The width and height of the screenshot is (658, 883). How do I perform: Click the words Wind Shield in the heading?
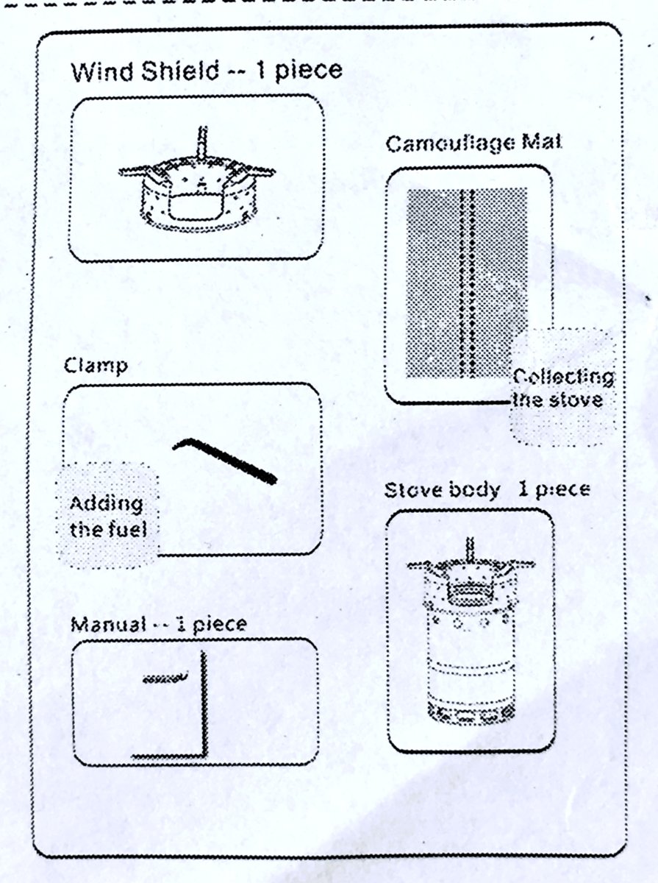145,71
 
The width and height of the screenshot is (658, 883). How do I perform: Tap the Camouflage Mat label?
473,144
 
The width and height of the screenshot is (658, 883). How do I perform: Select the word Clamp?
96,366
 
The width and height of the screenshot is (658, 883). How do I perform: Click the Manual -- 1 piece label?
158,625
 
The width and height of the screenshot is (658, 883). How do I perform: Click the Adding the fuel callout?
107,516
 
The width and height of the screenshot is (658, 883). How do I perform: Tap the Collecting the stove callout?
562,388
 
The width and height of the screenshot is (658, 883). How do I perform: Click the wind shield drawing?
197,180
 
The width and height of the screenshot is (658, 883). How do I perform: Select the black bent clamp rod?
225,460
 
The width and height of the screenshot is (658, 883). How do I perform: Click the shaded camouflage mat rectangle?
467,283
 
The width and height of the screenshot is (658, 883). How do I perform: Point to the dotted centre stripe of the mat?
467,283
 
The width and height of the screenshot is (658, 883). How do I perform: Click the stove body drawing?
471,631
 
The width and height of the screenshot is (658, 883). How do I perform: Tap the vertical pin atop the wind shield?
203,143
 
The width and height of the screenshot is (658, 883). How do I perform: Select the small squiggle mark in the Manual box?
165,678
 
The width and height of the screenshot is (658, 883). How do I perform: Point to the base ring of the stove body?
471,714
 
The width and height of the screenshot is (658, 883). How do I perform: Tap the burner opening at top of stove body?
471,589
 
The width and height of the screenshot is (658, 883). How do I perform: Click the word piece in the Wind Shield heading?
309,71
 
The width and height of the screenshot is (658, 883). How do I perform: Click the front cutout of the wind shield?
196,206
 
